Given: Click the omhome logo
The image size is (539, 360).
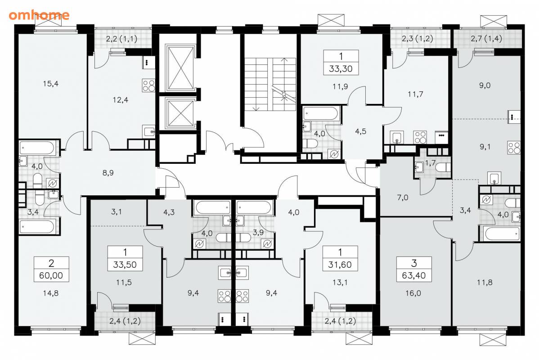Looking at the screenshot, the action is (39, 15).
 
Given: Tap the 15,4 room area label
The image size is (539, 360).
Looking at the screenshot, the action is (50, 83).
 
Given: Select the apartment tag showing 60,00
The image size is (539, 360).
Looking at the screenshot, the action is (51, 269).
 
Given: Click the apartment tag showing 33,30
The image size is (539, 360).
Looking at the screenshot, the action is (341, 63).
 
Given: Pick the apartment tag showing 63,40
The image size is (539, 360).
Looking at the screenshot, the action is (413, 269).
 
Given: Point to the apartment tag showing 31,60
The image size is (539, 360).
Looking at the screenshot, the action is (340, 259).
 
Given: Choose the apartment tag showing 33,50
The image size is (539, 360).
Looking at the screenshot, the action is (125, 259).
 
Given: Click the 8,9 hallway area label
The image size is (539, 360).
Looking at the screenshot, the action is (108, 173).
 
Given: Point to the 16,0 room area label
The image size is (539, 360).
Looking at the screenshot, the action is (413, 293).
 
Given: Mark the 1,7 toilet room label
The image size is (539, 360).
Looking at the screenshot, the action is (431, 163).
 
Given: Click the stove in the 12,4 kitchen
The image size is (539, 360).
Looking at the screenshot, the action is (148, 85).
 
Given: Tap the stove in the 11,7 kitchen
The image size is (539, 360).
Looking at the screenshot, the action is (420, 137).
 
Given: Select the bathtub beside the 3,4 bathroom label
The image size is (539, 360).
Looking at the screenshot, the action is (37, 227).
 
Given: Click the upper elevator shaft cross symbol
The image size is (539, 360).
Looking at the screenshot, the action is (180, 67).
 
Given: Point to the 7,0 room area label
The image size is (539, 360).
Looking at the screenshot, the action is (403, 198).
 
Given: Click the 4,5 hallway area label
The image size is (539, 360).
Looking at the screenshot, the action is (360, 131).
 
